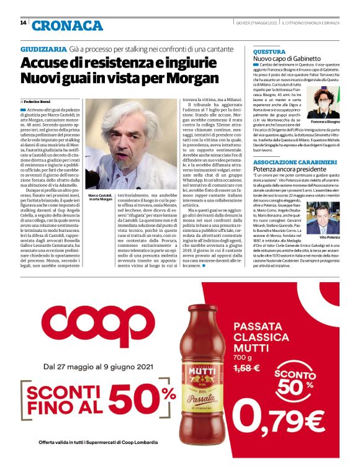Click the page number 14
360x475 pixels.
23,23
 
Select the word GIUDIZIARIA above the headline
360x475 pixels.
44,48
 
